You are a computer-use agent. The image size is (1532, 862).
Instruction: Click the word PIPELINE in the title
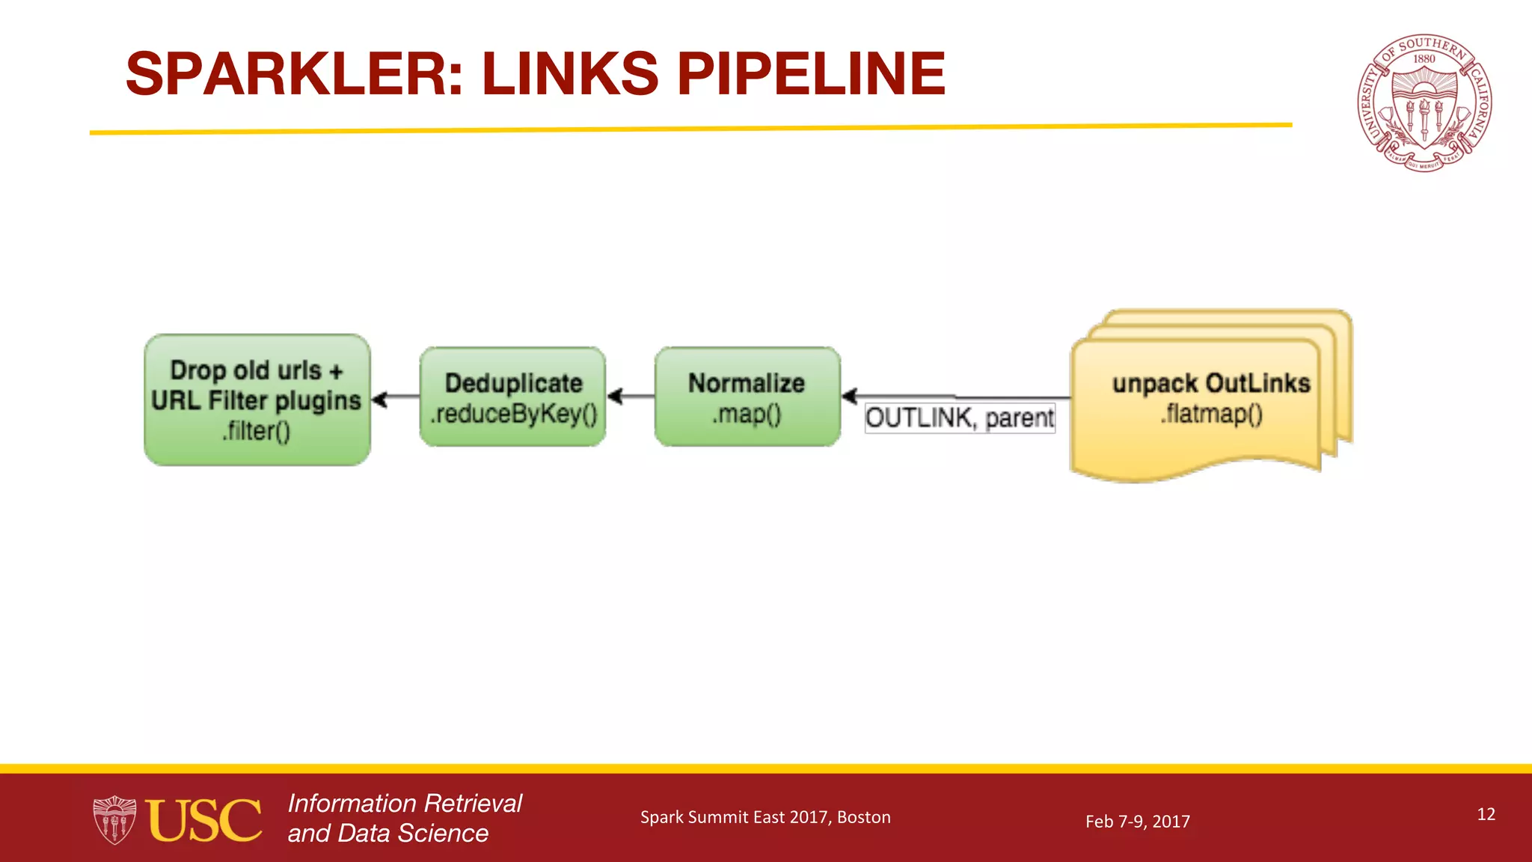811,74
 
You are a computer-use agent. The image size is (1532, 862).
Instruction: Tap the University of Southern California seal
1424,103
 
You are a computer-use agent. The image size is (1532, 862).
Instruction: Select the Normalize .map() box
747,397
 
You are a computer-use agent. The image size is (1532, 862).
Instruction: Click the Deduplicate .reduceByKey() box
513,397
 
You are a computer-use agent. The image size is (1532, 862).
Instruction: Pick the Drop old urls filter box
257,400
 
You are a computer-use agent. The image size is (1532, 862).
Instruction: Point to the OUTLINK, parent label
960,418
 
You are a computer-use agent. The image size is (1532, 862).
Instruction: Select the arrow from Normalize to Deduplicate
631,396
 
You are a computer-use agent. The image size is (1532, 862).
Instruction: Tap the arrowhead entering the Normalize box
850,396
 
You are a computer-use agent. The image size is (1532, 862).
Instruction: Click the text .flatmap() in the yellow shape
1211,414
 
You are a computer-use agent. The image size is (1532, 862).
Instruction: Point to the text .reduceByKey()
513,414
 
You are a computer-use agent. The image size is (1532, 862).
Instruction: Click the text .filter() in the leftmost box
256,431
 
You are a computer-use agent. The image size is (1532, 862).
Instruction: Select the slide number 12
1486,814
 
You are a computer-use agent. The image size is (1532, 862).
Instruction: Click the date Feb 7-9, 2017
1137,822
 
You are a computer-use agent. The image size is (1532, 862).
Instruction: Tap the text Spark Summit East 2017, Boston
765,817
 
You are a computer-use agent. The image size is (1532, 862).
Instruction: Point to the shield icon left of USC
114,820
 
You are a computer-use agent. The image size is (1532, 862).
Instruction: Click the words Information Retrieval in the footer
405,804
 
